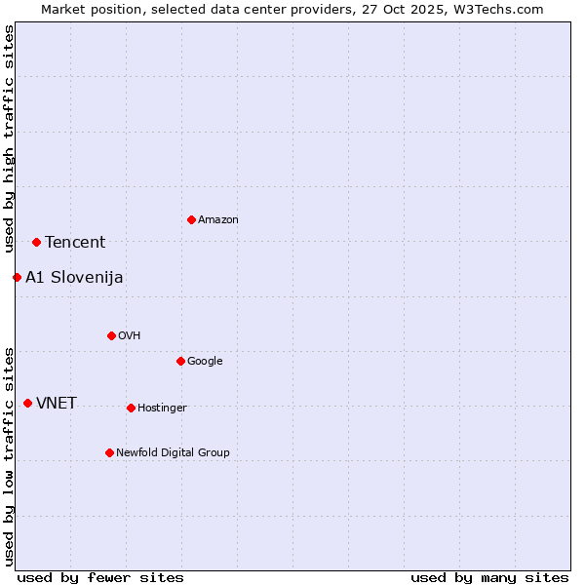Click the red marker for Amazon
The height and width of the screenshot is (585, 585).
pos(191,219)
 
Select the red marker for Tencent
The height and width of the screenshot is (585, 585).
pos(36,242)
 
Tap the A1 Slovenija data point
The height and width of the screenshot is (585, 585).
pos(17,277)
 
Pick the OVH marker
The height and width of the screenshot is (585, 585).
pos(111,335)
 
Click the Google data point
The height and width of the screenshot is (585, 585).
pos(180,361)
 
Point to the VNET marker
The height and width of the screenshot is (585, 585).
pos(27,403)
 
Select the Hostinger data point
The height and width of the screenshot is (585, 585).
pos(131,408)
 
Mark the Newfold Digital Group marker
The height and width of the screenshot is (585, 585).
pos(109,452)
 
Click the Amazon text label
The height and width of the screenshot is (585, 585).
pos(218,220)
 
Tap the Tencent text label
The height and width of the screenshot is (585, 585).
pos(75,243)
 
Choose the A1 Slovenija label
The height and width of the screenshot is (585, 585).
pos(74,278)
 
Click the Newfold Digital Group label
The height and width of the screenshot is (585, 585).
pos(173,452)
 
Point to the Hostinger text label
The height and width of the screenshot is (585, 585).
pos(162,408)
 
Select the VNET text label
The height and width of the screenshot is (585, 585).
pos(57,404)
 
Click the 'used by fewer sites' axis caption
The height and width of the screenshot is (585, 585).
pos(100,577)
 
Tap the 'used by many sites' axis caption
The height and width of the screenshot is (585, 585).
pos(489,577)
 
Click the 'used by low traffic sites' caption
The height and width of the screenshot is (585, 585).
pos(9,455)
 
